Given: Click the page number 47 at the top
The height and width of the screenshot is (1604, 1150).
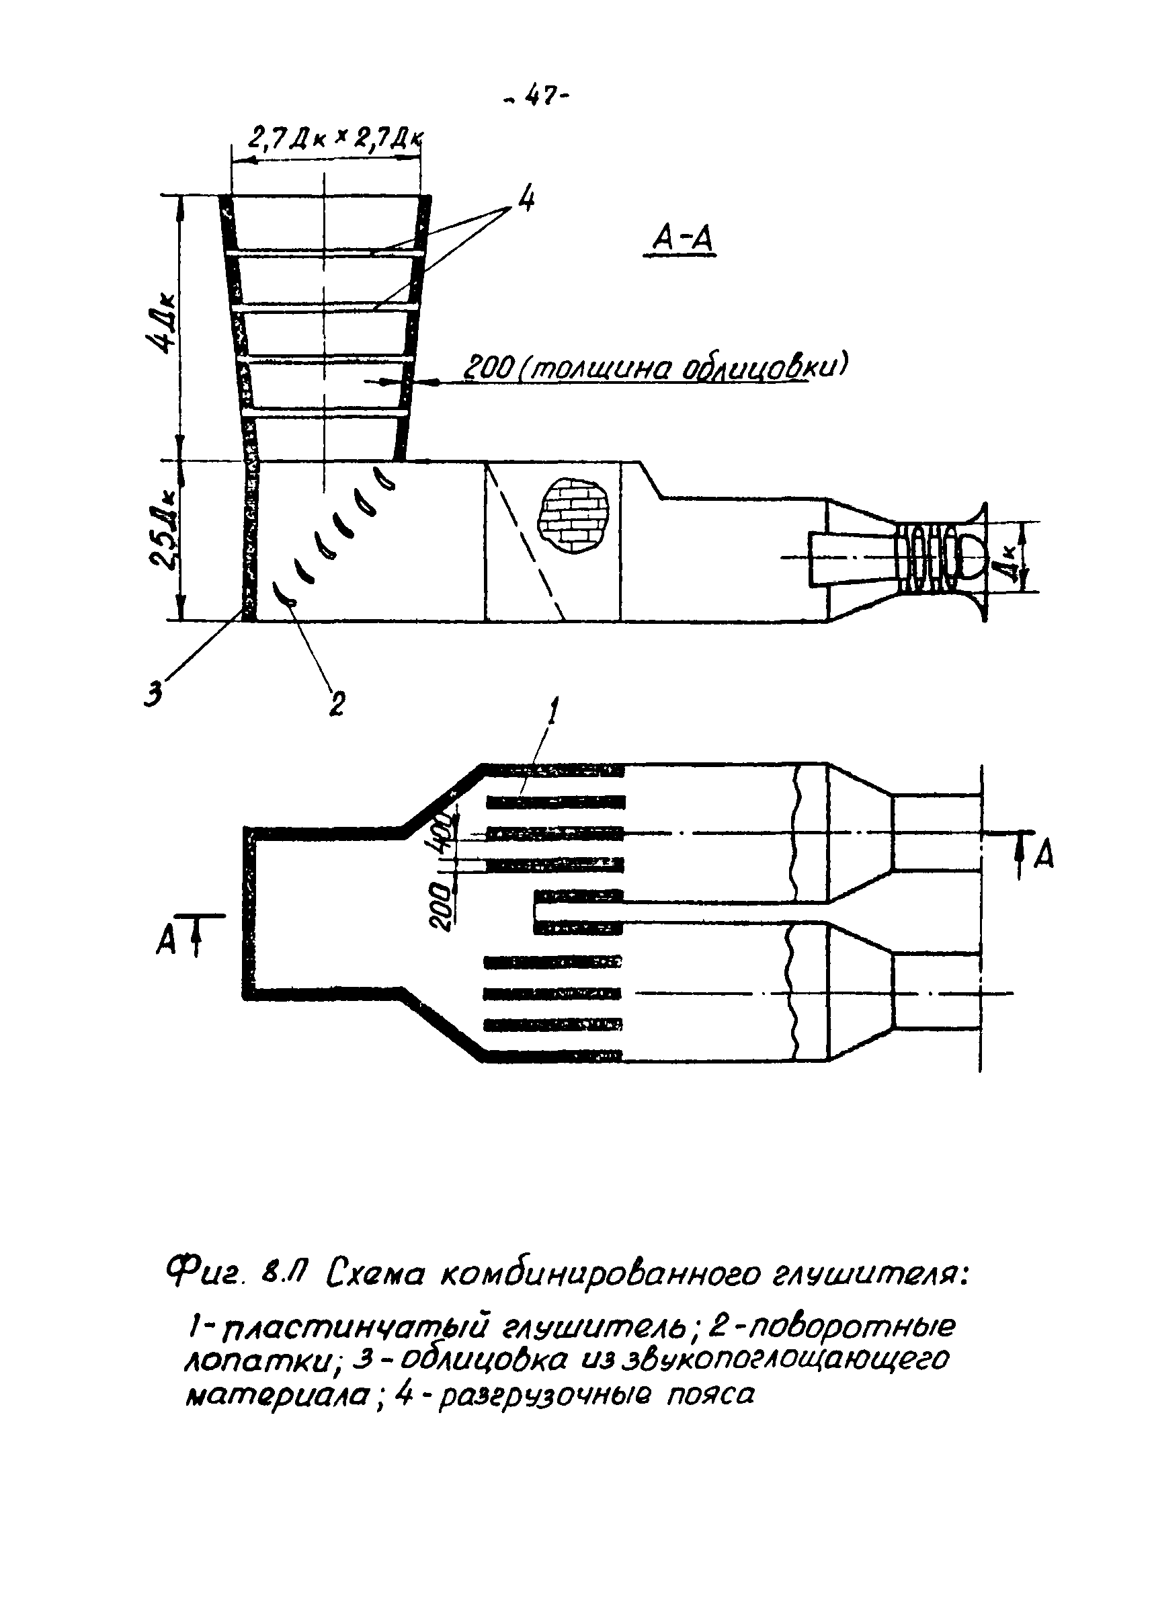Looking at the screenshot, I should [x=537, y=97].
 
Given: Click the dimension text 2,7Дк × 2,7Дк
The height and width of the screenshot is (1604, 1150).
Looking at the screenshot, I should [x=335, y=139].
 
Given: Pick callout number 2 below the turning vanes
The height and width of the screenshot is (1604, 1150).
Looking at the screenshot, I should [x=337, y=703].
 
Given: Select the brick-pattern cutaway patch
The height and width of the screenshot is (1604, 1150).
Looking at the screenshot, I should [x=573, y=516].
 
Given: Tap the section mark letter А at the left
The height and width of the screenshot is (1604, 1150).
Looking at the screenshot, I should [x=166, y=941].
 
